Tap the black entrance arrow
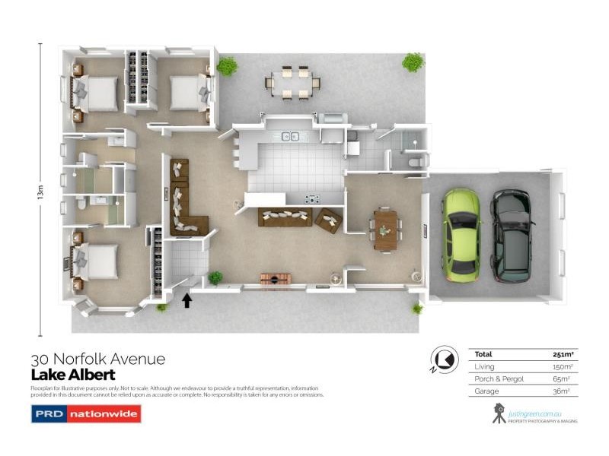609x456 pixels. click(187, 300)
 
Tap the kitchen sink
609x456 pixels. click(289, 137)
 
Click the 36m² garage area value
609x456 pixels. click(563, 391)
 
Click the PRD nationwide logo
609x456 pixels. click(85, 414)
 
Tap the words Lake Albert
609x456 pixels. click(73, 375)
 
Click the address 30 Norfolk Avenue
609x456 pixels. click(97, 359)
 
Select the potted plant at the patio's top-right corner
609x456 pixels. click(413, 62)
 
